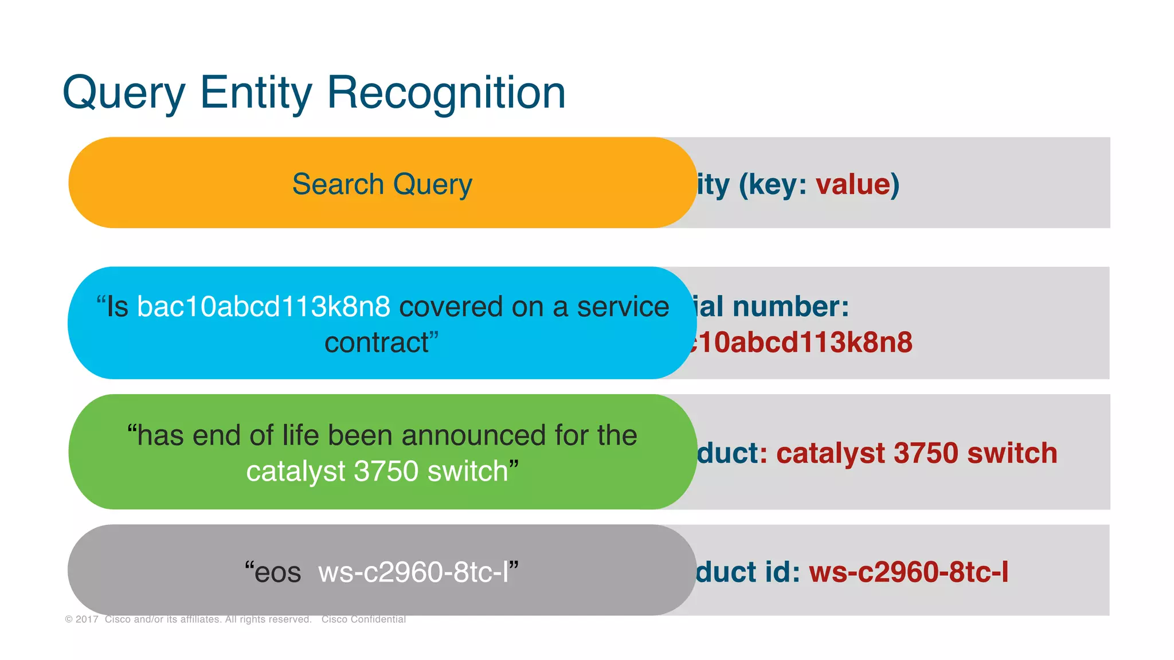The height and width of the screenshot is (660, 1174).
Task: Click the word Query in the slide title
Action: [124, 93]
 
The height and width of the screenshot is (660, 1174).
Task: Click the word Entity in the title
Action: [256, 93]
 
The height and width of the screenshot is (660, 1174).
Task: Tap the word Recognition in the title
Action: [446, 93]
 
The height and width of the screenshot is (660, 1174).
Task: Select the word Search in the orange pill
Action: [338, 184]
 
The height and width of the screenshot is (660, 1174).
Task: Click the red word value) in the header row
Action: [857, 184]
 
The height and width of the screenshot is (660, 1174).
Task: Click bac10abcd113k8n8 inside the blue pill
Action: [264, 307]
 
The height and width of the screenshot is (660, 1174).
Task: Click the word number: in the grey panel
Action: [791, 307]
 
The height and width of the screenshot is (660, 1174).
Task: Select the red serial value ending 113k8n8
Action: [803, 342]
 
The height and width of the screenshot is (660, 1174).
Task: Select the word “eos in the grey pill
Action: [273, 572]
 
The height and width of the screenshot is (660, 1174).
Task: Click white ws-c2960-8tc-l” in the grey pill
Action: [418, 572]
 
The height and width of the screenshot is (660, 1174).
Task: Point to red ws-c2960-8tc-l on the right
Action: [909, 572]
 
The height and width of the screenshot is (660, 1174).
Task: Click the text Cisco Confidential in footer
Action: [363, 619]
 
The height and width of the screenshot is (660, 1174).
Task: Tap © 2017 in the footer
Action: [82, 619]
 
